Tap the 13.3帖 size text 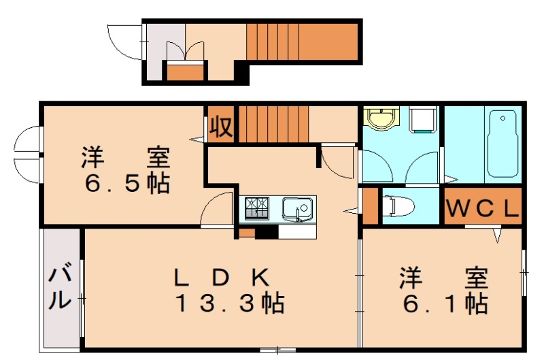coord(229,303)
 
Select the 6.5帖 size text coord(126,183)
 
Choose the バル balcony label coord(61,288)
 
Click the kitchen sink coord(297,207)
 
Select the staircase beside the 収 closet coord(272,124)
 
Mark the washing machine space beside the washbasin coord(423,121)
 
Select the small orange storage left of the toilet coord(370,205)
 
